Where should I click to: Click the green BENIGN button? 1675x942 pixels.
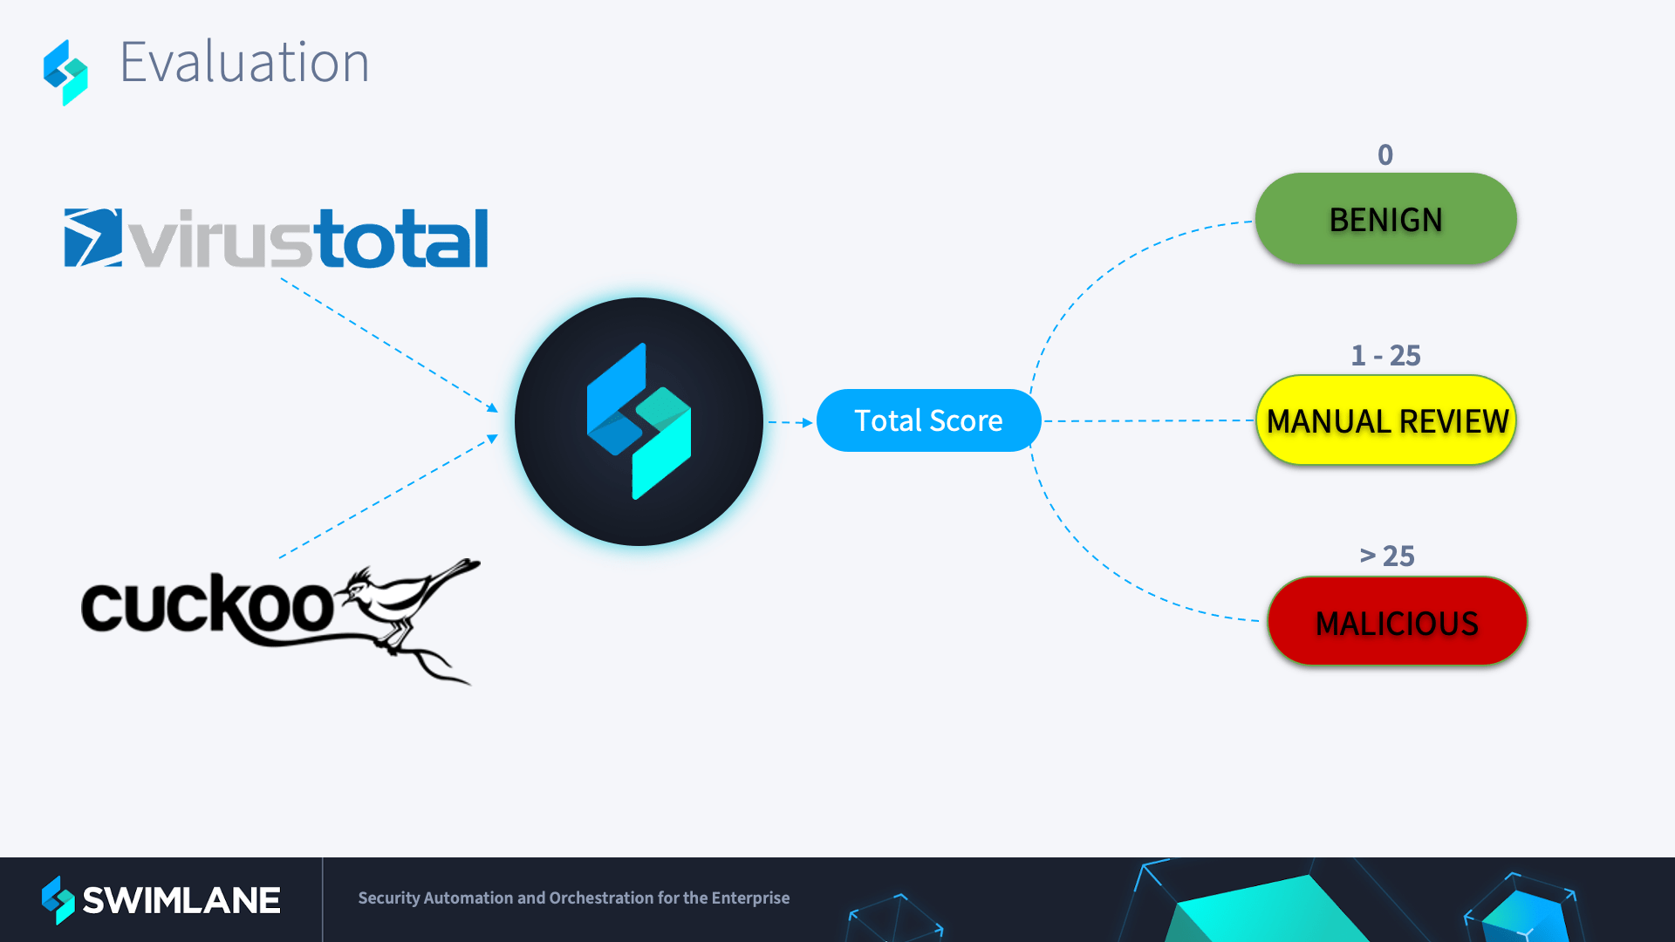[x=1385, y=219]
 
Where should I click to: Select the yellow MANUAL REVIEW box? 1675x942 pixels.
[x=1386, y=421]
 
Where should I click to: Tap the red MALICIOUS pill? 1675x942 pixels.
[x=1397, y=622]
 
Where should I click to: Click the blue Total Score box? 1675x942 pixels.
[x=928, y=420]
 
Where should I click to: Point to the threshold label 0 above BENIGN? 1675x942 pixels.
[x=1385, y=155]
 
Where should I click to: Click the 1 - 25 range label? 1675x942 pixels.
[x=1385, y=355]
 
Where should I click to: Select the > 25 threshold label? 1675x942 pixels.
[x=1387, y=556]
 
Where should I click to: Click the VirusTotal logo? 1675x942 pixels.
[x=276, y=238]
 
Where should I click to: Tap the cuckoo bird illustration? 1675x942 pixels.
[x=410, y=611]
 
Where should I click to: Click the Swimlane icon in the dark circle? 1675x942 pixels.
[x=639, y=421]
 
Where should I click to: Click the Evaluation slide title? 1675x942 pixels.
[x=244, y=63]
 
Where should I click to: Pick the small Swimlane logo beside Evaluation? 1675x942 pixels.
[x=66, y=72]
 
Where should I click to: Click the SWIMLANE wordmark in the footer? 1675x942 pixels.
[x=181, y=900]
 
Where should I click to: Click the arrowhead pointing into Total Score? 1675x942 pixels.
[x=808, y=422]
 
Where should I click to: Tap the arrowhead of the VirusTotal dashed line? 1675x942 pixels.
[x=493, y=408]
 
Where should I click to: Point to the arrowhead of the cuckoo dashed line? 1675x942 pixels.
[x=493, y=439]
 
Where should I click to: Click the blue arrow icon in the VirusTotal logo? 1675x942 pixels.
[x=92, y=237]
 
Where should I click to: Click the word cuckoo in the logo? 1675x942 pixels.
[x=208, y=607]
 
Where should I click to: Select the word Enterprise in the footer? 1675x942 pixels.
[x=750, y=898]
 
